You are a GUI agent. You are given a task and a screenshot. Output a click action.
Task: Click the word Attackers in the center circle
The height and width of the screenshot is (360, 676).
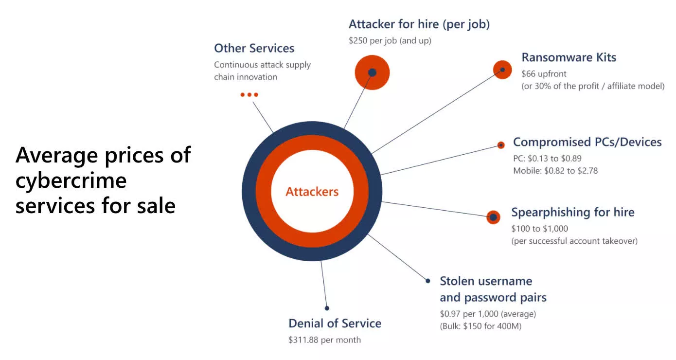(x=312, y=192)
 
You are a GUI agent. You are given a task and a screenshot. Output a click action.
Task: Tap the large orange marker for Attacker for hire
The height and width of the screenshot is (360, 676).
(x=372, y=72)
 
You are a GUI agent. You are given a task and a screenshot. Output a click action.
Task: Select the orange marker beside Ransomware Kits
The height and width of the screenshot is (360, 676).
(x=502, y=70)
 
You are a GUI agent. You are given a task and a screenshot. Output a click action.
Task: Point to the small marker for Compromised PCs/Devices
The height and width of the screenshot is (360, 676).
(x=501, y=145)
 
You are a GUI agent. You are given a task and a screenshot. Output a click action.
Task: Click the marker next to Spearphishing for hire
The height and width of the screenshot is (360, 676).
(x=493, y=217)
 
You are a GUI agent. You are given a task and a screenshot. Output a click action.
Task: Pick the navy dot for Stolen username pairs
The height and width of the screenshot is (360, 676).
(x=428, y=281)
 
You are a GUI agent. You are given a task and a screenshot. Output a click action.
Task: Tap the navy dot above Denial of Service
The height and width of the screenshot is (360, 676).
(x=327, y=308)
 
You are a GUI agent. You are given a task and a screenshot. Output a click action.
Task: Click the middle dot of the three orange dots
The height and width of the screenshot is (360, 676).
(x=249, y=95)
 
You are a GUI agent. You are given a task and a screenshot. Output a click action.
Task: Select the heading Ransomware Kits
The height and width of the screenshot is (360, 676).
(x=569, y=57)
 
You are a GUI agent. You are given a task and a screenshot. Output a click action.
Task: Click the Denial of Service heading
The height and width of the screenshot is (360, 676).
(x=335, y=324)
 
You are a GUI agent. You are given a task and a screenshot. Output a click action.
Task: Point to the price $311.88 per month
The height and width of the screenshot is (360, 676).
(x=325, y=340)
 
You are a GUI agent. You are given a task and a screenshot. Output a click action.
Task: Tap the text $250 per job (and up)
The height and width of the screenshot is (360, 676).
(x=390, y=40)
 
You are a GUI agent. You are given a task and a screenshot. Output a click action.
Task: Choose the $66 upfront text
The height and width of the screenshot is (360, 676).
(x=544, y=73)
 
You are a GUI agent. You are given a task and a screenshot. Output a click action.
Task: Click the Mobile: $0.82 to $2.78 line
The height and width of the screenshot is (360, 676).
(x=555, y=171)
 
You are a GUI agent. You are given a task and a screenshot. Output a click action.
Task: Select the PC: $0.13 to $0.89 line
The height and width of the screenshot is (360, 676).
(x=547, y=159)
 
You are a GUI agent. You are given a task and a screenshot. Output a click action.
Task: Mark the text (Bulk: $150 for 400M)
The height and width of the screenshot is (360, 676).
(x=480, y=326)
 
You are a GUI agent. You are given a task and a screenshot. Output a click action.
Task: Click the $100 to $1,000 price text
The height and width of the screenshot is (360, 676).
(x=540, y=229)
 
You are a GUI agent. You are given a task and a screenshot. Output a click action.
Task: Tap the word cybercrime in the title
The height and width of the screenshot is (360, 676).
(x=71, y=181)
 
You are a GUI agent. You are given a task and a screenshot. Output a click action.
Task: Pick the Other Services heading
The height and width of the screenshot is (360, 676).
(x=254, y=48)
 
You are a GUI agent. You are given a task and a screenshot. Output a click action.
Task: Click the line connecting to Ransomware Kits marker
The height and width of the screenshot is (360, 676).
(x=437, y=112)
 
